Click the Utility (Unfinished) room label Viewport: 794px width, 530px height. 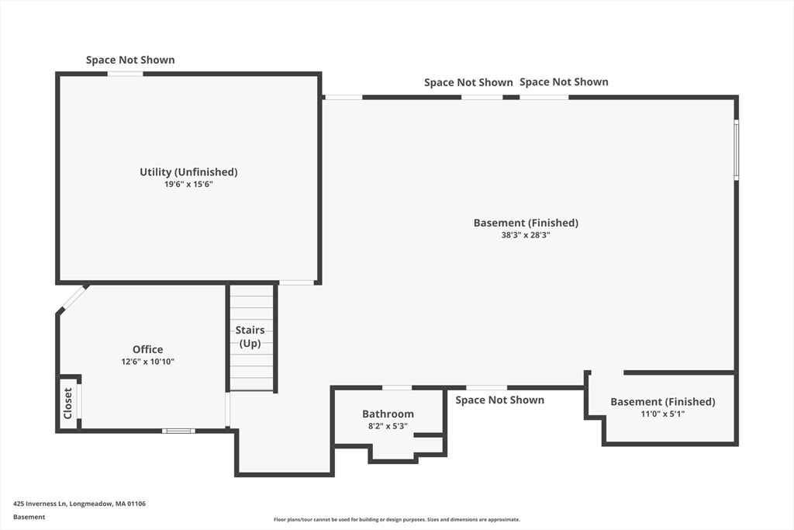click(x=188, y=171)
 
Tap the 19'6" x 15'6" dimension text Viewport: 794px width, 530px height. click(x=188, y=185)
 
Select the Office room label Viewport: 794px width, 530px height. click(x=147, y=349)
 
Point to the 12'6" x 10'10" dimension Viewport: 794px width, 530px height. click(x=147, y=362)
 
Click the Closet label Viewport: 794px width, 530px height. click(x=68, y=404)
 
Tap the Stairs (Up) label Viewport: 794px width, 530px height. click(x=250, y=337)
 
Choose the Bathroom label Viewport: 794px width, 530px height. click(x=388, y=414)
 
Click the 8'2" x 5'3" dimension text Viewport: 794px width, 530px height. click(x=388, y=426)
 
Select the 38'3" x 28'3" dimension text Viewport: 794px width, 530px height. click(x=526, y=234)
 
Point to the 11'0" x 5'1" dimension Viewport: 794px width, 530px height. click(x=662, y=414)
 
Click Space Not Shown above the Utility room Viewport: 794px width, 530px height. click(x=130, y=60)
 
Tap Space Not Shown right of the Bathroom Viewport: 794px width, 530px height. click(x=499, y=400)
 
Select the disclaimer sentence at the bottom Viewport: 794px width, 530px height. click(x=396, y=520)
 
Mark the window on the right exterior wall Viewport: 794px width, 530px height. click(x=736, y=150)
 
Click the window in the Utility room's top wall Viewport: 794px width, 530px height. click(x=125, y=74)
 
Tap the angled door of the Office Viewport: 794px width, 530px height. click(x=74, y=298)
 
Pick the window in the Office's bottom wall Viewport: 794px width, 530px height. click(x=178, y=431)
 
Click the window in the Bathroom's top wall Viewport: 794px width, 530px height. click(x=397, y=387)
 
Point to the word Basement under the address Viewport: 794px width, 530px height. click(x=29, y=517)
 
